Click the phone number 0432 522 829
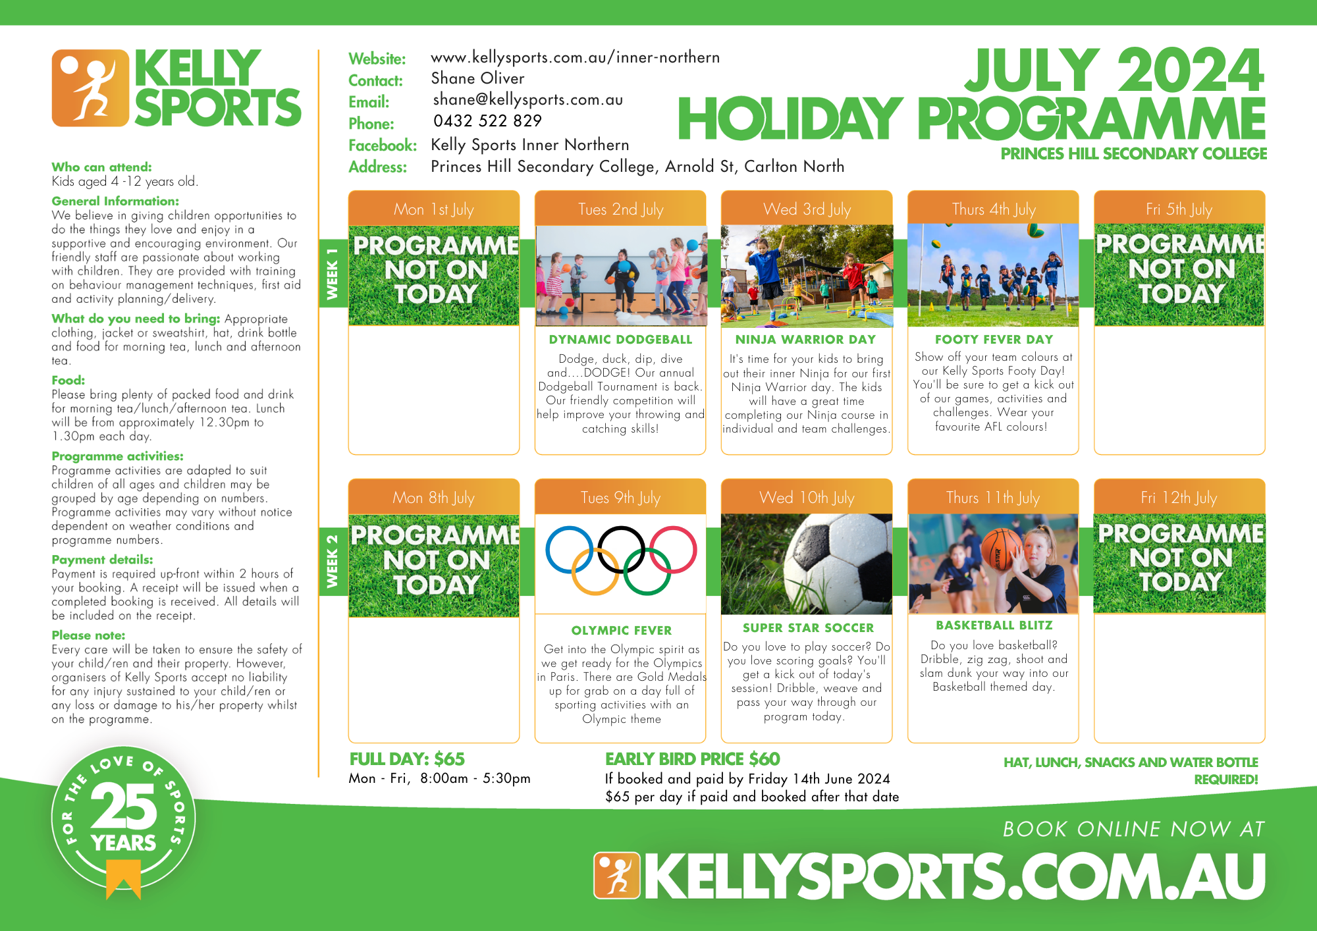(487, 121)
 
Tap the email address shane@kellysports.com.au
(528, 99)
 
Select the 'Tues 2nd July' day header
(620, 209)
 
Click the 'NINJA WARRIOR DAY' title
(806, 340)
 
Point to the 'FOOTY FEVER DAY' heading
(994, 340)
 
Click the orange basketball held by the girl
(1002, 549)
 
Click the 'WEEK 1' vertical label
(333, 274)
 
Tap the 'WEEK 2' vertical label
(333, 562)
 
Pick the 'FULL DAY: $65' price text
(407, 759)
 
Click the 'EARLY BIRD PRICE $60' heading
(692, 759)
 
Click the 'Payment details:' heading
(102, 560)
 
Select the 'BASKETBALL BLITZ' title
(994, 625)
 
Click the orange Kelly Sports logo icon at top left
(90, 88)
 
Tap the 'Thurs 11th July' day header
(992, 498)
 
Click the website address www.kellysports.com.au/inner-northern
(575, 58)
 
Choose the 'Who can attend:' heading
(101, 167)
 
